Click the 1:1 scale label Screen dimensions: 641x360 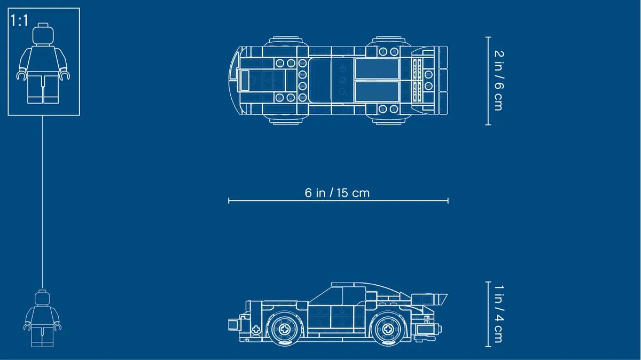pyautogui.click(x=19, y=21)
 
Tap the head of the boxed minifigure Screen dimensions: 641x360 pyautogui.click(x=43, y=35)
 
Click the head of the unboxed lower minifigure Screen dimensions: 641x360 pyautogui.click(x=42, y=298)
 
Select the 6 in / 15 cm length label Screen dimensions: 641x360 pyautogui.click(x=337, y=193)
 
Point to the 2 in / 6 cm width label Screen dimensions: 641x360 pyautogui.click(x=498, y=81)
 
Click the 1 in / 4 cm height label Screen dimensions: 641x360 pyautogui.click(x=498, y=314)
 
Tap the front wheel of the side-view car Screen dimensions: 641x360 pyautogui.click(x=284, y=329)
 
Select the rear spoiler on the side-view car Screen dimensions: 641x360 pyautogui.click(x=429, y=299)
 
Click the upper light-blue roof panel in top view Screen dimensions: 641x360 pyautogui.click(x=377, y=69)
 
